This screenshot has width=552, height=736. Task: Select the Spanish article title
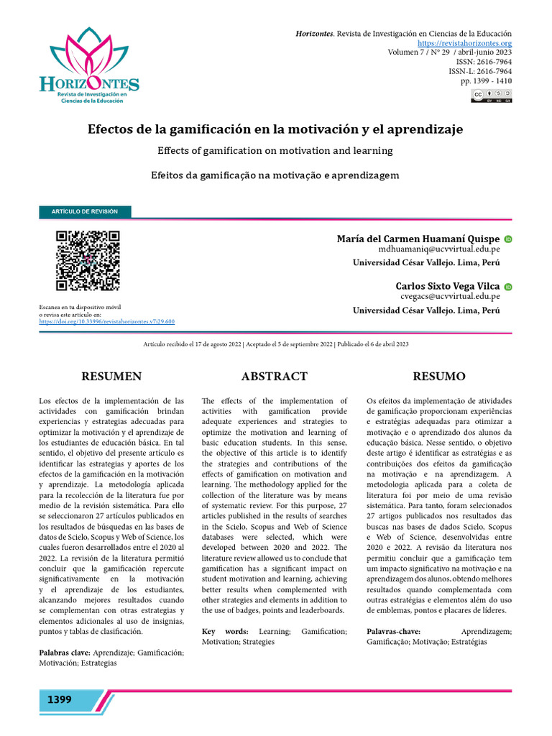pyautogui.click(x=275, y=129)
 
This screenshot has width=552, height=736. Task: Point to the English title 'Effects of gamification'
pyautogui.click(x=275, y=151)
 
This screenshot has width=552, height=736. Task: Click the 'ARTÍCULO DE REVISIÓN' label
pyautogui.click(x=85, y=211)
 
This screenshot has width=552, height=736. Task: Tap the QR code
pyautogui.click(x=87, y=260)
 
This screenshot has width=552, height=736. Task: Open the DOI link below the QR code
pyautogui.click(x=106, y=323)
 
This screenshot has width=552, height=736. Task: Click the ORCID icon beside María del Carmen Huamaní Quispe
pyautogui.click(x=508, y=239)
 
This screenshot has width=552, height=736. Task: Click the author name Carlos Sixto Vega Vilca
pyautogui.click(x=448, y=286)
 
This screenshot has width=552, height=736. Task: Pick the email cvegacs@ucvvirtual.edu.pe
pyautogui.click(x=450, y=296)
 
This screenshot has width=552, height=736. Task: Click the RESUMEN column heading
pyautogui.click(x=111, y=377)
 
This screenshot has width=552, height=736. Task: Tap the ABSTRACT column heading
pyautogui.click(x=275, y=377)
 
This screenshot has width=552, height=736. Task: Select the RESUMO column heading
pyautogui.click(x=438, y=377)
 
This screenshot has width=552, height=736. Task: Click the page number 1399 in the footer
pyautogui.click(x=60, y=700)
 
